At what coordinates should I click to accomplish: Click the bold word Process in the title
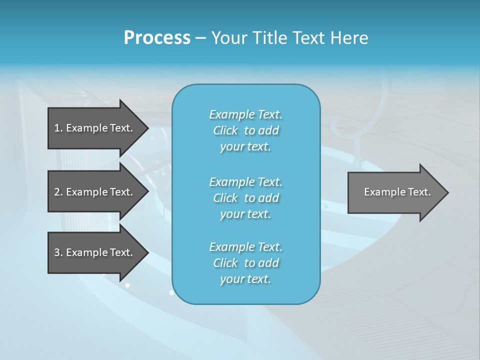coord(157,38)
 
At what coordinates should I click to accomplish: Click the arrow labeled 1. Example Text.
coord(93,128)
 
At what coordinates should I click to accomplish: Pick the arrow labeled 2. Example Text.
coord(93,192)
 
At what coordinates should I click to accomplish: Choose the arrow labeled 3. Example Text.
coord(93,252)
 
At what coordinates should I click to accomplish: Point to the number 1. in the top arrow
coord(58,128)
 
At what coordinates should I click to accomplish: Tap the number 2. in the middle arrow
coord(58,192)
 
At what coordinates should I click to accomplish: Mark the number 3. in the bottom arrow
coord(58,252)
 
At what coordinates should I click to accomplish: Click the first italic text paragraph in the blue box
coord(245,130)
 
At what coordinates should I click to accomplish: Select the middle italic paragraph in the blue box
coord(245,198)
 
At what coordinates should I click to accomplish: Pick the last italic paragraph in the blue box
coord(245,263)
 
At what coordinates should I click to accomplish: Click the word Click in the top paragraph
coord(225,130)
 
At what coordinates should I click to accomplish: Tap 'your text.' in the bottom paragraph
coord(245,279)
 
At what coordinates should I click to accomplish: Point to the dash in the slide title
coord(200,38)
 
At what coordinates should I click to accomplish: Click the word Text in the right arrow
coord(419,192)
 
